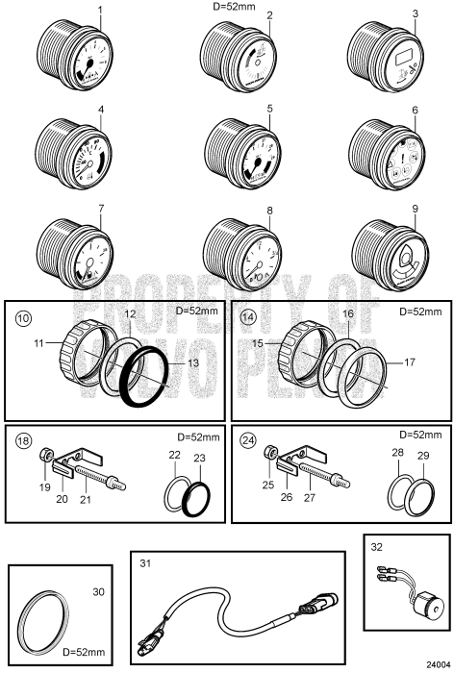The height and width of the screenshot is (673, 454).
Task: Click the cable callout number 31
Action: click(x=145, y=562)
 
